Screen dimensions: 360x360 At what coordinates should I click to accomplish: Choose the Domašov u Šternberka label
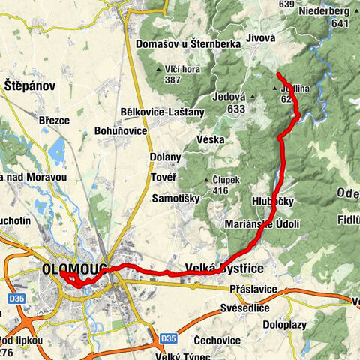(187, 44)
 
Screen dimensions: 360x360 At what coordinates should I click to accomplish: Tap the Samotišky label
(175, 198)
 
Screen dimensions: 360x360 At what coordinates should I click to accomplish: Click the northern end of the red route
(278, 74)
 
